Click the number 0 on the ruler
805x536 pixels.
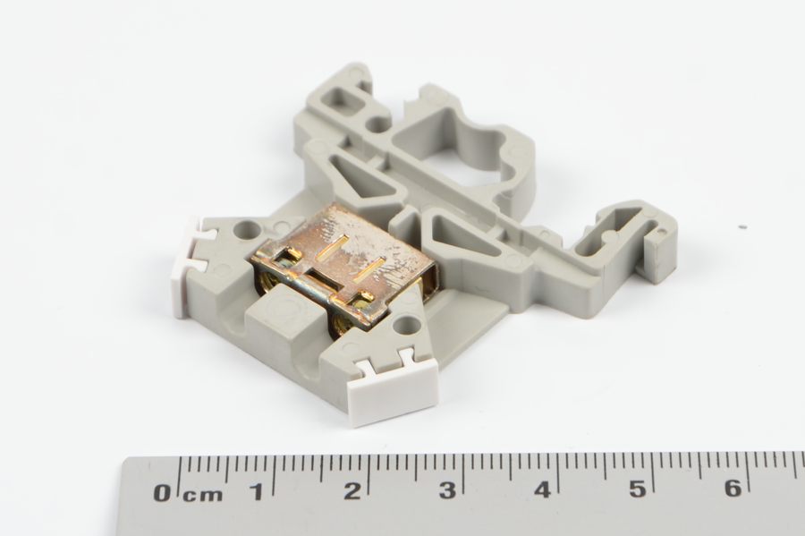click(162, 492)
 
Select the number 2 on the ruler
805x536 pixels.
click(352, 491)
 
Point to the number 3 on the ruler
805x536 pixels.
click(447, 490)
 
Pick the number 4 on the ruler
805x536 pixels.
click(542, 489)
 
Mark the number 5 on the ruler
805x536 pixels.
click(637, 489)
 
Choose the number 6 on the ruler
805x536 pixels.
click(733, 488)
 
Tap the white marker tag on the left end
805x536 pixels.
click(191, 265)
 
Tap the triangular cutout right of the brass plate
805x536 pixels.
click(460, 234)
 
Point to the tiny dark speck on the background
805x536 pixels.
click(741, 227)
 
